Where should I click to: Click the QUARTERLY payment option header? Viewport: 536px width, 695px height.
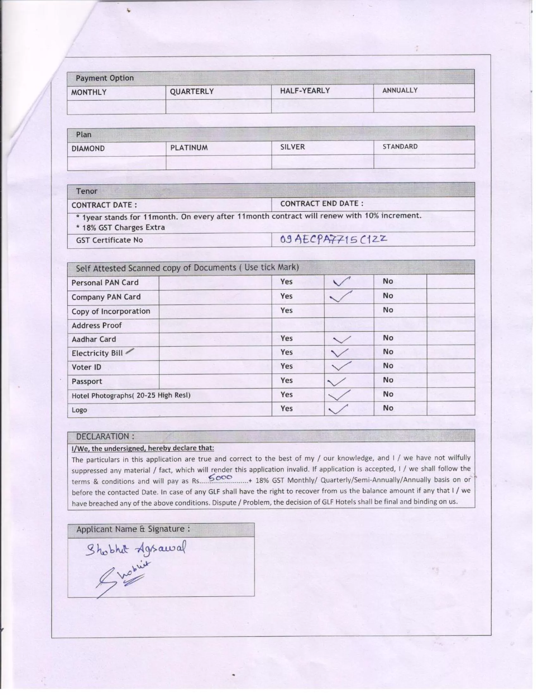[191, 92]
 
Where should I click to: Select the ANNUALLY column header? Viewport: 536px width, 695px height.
[400, 90]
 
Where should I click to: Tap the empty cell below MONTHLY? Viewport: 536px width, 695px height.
[116, 107]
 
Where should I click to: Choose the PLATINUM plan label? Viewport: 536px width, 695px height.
[189, 148]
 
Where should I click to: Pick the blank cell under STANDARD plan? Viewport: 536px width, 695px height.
[424, 162]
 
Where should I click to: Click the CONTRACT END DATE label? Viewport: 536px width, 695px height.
[322, 204]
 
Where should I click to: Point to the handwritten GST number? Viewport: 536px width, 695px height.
[333, 239]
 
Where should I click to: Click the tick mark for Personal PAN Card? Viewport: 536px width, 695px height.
[341, 281]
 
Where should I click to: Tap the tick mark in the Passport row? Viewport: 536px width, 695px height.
[336, 381]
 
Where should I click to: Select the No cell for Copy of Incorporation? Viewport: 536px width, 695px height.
[388, 310]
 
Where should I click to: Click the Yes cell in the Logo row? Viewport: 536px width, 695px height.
[286, 408]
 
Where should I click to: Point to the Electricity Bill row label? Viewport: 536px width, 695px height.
[97, 353]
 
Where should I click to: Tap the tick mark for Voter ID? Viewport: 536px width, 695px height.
[342, 366]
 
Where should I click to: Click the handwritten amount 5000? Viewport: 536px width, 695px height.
[220, 478]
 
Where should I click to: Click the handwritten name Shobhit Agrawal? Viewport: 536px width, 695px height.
[136, 549]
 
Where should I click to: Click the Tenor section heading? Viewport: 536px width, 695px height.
[87, 191]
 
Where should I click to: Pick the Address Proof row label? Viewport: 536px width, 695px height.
[96, 325]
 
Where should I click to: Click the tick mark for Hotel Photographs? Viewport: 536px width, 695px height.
[339, 395]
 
